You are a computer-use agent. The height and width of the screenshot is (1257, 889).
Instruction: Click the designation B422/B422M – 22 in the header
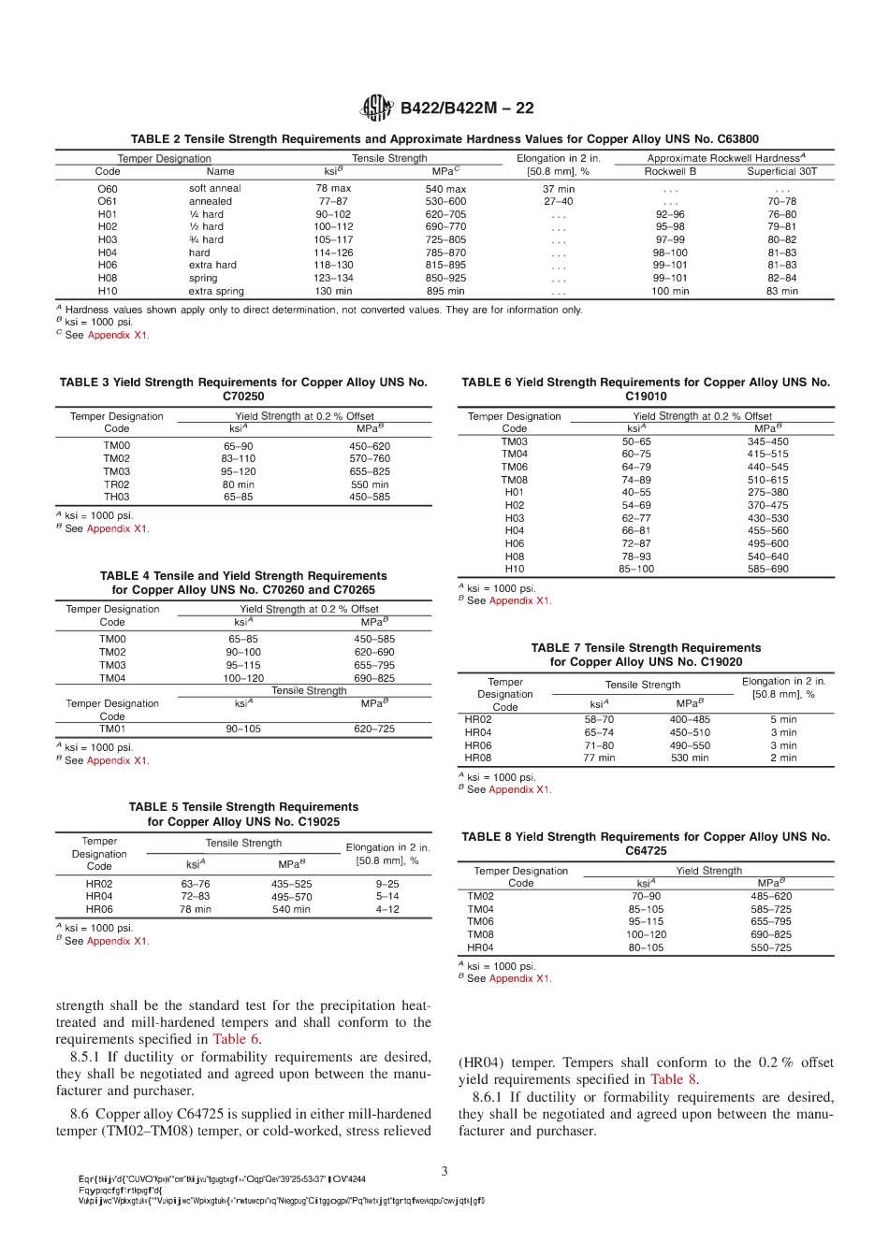coord(467,108)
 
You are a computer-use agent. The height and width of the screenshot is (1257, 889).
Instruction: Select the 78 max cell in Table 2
coord(333,189)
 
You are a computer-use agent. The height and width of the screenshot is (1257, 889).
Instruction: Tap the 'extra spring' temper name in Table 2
coord(216,291)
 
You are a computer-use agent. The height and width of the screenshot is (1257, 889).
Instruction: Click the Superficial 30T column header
coord(781,172)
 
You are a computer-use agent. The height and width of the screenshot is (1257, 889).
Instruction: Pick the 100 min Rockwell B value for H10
coord(670,291)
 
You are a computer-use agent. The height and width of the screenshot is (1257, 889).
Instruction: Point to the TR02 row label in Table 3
coord(117,484)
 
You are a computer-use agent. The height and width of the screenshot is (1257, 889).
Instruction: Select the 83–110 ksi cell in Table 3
coord(239,459)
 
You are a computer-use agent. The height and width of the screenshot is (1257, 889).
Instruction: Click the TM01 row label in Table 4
coord(112,729)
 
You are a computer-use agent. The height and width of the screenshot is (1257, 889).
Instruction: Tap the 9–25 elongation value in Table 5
coord(387,884)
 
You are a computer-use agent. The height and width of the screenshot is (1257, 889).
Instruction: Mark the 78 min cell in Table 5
coord(196,909)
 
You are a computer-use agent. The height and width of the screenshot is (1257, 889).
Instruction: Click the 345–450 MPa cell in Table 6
coord(767,441)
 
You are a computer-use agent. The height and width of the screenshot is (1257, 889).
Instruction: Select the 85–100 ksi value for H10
coord(636,569)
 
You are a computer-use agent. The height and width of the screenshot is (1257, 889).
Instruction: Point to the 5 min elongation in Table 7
coord(783,720)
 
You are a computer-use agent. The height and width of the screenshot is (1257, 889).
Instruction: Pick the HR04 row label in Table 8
coord(480,947)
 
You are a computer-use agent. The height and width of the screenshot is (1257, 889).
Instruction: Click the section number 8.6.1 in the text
coord(491,1097)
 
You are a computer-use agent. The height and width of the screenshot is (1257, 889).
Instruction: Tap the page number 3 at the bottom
coord(444,1171)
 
